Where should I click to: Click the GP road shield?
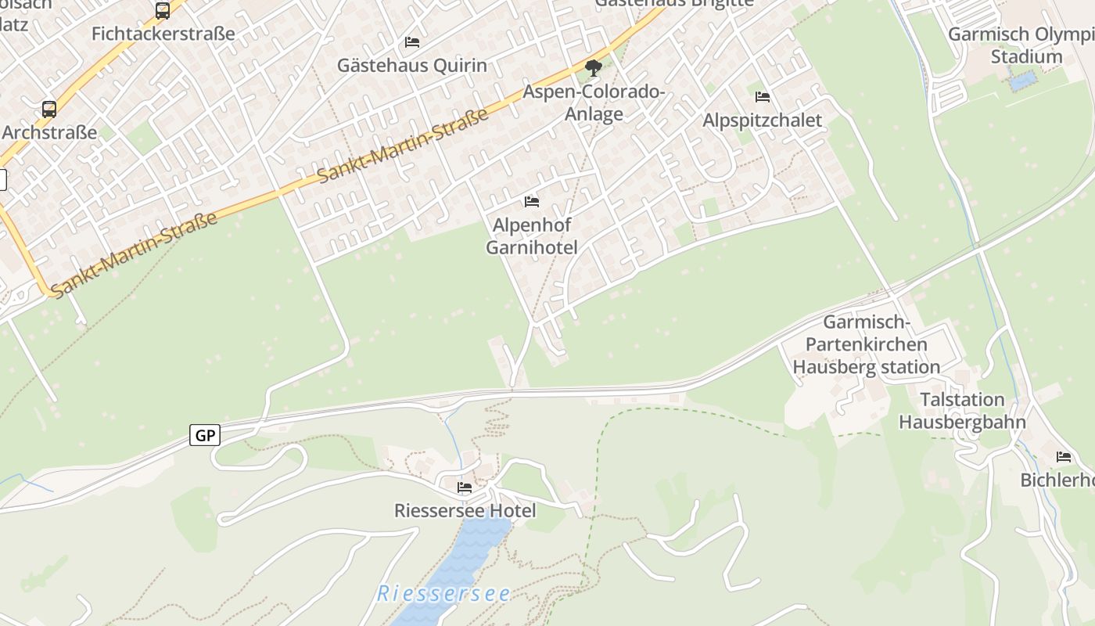[205, 436]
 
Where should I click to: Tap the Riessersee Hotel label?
[465, 511]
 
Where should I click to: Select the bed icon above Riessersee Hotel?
[465, 487]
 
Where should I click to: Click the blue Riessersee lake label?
[443, 594]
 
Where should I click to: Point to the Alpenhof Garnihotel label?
[532, 236]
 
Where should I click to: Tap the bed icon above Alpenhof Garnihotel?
[532, 202]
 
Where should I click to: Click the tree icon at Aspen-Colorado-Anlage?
[594, 68]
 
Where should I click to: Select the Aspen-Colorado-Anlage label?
[594, 103]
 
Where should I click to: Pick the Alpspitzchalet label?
[762, 121]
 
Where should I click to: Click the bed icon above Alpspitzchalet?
[763, 97]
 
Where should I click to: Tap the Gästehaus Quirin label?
[411, 66]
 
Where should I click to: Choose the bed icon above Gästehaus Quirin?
[412, 41]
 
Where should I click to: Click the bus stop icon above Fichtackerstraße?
[163, 11]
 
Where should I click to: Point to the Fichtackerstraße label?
[163, 34]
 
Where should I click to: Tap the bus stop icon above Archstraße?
[49, 110]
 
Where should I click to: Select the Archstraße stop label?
[49, 132]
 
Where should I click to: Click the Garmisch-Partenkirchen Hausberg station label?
[867, 344]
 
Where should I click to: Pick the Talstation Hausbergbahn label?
[962, 411]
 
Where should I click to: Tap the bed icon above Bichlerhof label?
[1064, 457]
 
